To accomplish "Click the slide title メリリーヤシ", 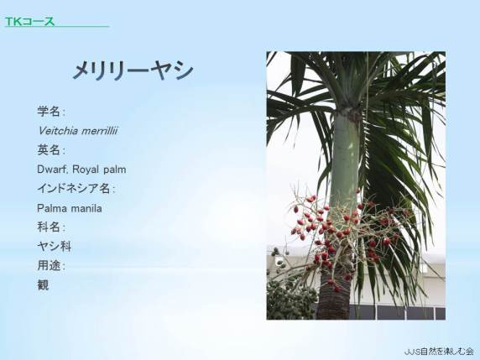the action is [x=133, y=70].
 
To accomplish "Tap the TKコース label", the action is [x=29, y=22].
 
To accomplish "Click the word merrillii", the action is [x=100, y=131].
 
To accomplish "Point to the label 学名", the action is [x=49, y=112].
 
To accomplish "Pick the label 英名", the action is [x=49, y=150].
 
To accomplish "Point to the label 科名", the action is [x=49, y=227].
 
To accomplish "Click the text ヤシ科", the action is [x=55, y=247].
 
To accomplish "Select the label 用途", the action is [x=49, y=266].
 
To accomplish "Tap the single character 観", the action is [x=43, y=285].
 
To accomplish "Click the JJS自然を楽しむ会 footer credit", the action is [x=439, y=352].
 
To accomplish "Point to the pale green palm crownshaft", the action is [x=344, y=159].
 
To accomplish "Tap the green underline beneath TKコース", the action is [x=57, y=27].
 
